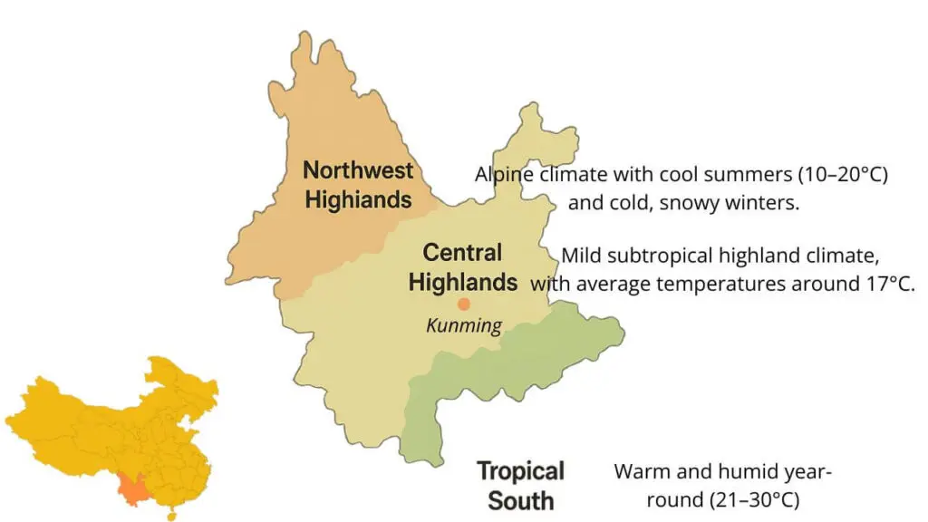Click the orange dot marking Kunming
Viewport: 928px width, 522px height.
(x=464, y=304)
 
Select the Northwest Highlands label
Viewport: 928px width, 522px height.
(x=358, y=184)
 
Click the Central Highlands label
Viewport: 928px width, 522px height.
(x=462, y=267)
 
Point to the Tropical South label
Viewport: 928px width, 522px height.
(x=521, y=485)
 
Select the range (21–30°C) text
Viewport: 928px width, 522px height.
(x=749, y=499)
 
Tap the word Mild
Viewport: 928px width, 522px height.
(x=581, y=255)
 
